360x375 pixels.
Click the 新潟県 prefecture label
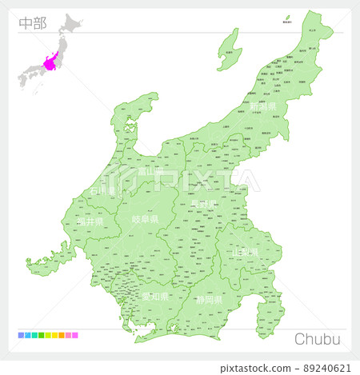point(262,106)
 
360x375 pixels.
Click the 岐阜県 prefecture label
point(146,219)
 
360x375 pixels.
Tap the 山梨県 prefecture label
point(245,252)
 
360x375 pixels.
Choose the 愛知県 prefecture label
point(155,296)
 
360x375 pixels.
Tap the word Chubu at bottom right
point(318,339)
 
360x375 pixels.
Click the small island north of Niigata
point(287,18)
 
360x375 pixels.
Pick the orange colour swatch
point(61,336)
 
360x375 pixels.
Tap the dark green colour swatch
point(40,336)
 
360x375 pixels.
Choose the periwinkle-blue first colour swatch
point(20,336)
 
